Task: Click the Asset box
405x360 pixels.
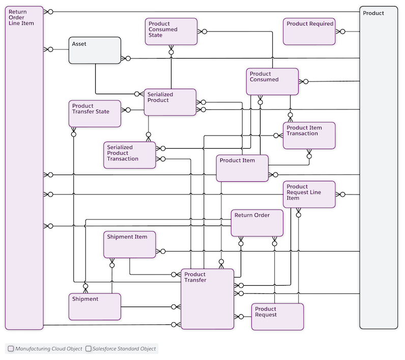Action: [95, 50]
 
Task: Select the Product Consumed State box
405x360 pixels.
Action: [171, 32]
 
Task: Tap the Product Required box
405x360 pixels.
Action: [309, 32]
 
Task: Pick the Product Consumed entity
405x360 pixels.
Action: [272, 81]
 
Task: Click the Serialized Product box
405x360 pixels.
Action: [170, 102]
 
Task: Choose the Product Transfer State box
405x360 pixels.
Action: [95, 114]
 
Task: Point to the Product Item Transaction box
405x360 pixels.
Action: [309, 135]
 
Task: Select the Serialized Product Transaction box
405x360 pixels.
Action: [129, 155]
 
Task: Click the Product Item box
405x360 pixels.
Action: [242, 168]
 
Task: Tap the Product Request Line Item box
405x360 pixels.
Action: [309, 195]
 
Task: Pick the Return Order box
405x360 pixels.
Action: [257, 223]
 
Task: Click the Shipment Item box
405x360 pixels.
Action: [129, 244]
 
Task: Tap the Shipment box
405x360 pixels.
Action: [95, 307]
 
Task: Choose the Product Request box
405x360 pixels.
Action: [277, 317]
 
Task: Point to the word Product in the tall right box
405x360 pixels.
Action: [373, 13]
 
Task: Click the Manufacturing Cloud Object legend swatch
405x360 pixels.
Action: [11, 349]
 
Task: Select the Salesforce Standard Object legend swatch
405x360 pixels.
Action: [88, 349]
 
